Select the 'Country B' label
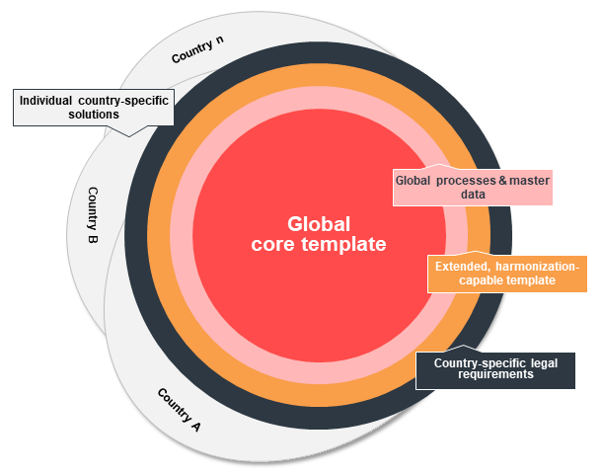click(93, 214)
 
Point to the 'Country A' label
click(181, 410)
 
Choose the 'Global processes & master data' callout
click(472, 188)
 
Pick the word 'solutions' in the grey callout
click(93, 115)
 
